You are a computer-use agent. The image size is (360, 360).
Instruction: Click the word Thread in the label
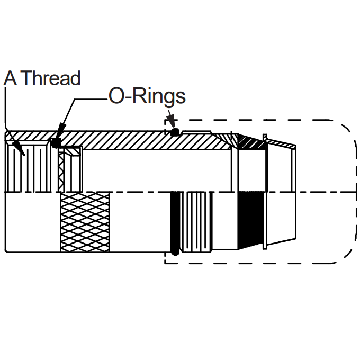52,78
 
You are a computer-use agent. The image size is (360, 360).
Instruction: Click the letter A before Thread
11,78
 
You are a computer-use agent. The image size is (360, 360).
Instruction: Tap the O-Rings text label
147,96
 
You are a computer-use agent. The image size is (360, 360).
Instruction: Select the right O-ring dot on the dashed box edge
175,132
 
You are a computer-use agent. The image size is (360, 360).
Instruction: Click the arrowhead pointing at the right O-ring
171,119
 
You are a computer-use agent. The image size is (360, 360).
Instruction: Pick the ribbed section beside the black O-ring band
197,222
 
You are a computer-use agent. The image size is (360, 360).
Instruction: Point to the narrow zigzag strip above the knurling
61,172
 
